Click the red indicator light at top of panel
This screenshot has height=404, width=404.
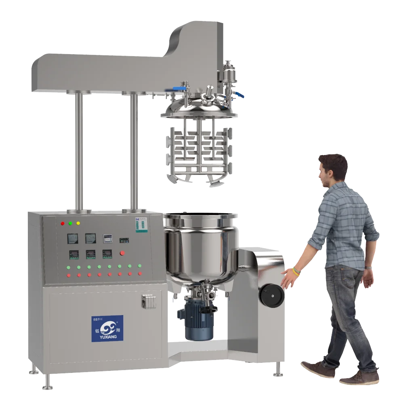click(62, 223)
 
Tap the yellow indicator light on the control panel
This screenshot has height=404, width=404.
click(78, 223)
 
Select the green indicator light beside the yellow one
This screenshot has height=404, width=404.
click(70, 223)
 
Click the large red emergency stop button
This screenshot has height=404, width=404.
click(122, 253)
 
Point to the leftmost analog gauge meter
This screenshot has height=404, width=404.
click(73, 239)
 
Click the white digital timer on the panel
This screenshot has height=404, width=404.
click(107, 238)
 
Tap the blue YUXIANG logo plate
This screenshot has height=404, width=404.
click(107, 328)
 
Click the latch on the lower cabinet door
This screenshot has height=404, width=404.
click(148, 301)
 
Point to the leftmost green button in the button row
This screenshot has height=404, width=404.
click(69, 267)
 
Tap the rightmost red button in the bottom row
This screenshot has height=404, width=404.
click(140, 274)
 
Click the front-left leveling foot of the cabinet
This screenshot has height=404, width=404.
click(48, 381)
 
